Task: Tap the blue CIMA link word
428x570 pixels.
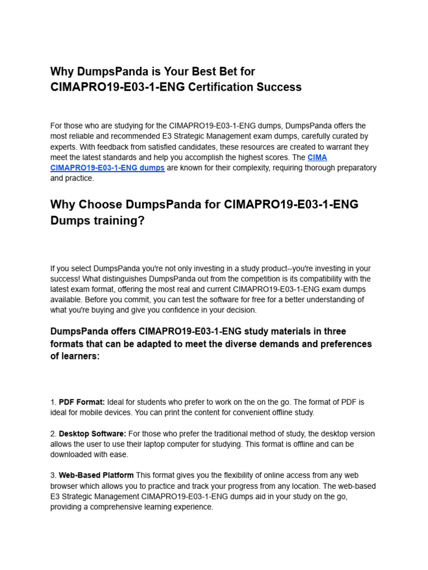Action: click(x=317, y=158)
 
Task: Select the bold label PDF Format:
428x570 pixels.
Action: click(x=82, y=402)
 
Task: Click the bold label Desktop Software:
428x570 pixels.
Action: click(x=93, y=434)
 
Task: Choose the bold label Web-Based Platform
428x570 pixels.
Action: click(x=96, y=475)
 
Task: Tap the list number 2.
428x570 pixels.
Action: click(x=52, y=434)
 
